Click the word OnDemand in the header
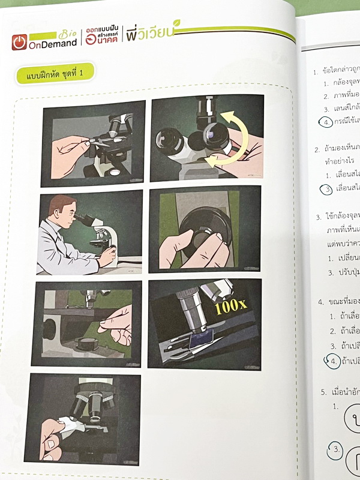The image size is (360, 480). tap(52, 43)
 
